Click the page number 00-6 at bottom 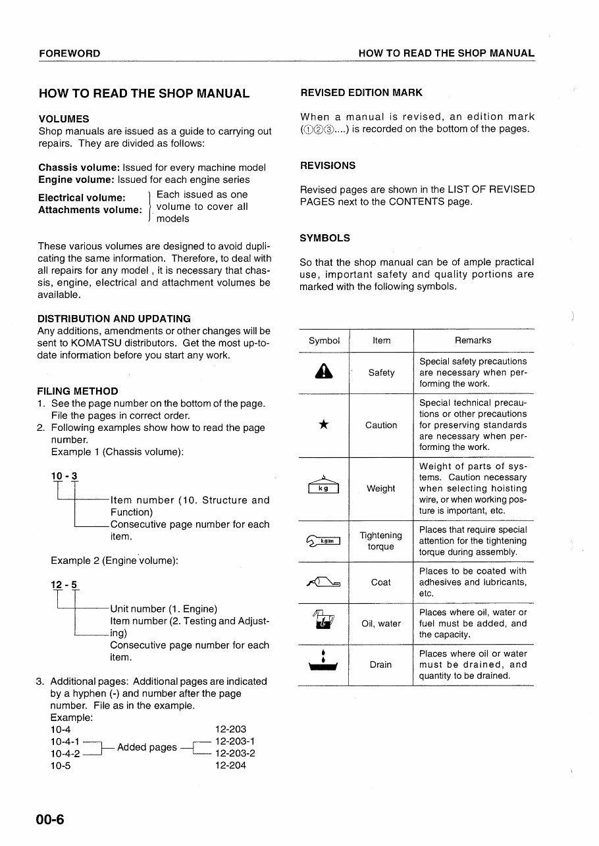tap(51, 819)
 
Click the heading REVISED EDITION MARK tap(361, 93)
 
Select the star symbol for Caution tap(323, 425)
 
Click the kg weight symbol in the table tap(323, 487)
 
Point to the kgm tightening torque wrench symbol tap(323, 541)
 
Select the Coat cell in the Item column tap(380, 582)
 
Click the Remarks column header tap(473, 340)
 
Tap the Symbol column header tap(324, 340)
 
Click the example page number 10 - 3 tap(65, 476)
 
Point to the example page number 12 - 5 tap(65, 585)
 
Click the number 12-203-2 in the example tap(235, 753)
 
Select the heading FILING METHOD tap(78, 391)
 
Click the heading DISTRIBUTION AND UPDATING tap(115, 318)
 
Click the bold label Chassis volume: tap(78, 167)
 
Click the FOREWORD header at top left tap(69, 53)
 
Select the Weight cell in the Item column tap(380, 488)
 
